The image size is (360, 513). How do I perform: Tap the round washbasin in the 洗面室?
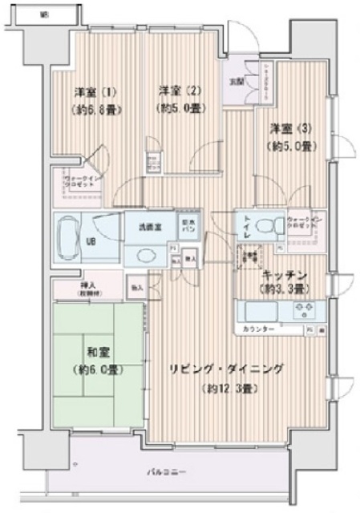[x=146, y=254]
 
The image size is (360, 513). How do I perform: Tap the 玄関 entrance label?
[x=238, y=83]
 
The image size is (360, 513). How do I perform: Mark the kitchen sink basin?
[x=259, y=309]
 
